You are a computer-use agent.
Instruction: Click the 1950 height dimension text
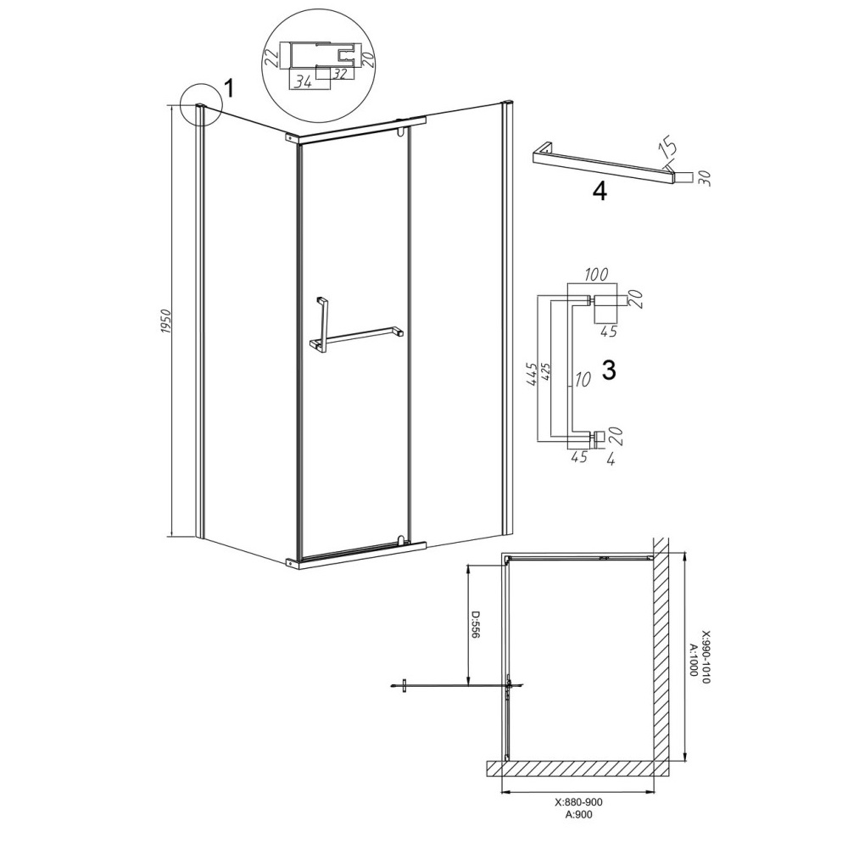tap(166, 321)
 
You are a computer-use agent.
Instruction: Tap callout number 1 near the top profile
tap(229, 88)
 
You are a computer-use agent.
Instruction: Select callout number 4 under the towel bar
tap(600, 192)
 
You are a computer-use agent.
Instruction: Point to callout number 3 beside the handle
tap(609, 371)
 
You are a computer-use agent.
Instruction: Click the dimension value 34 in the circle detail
tap(303, 82)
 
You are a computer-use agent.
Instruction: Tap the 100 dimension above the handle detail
tap(596, 274)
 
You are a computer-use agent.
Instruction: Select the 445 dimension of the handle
tap(532, 374)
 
